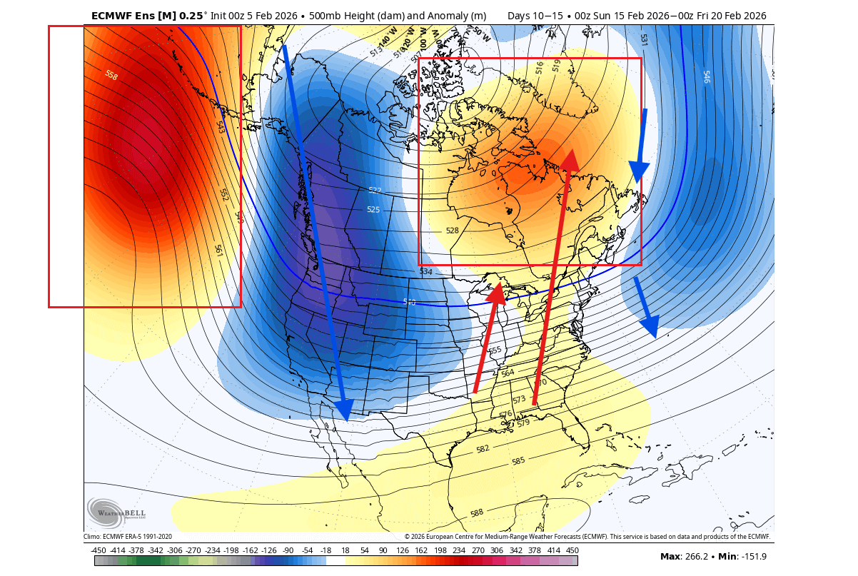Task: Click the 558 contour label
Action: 111,75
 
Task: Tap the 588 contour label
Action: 477,513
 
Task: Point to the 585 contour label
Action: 518,461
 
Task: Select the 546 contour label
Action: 707,76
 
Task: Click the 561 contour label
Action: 218,251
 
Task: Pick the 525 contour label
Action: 373,209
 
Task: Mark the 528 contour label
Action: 452,231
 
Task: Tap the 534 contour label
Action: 426,272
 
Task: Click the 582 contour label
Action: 483,449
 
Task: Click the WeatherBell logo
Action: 117,512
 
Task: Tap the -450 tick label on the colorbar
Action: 99,550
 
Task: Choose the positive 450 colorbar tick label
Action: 572,550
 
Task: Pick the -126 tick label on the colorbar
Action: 270,550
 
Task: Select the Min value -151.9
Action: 754,557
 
